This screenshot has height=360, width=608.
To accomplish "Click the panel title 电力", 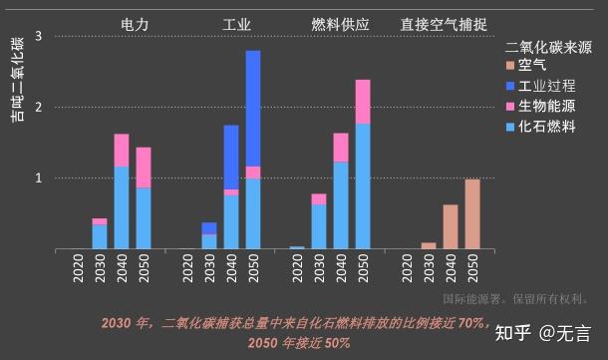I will pyautogui.click(x=136, y=22).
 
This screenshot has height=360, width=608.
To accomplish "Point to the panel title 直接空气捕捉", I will pyautogui.click(x=446, y=22).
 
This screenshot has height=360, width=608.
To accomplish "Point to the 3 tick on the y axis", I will pyautogui.click(x=38, y=36).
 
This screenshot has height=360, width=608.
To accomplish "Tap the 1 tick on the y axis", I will pyautogui.click(x=38, y=179).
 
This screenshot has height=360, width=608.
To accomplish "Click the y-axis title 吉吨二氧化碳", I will pyautogui.click(x=17, y=80).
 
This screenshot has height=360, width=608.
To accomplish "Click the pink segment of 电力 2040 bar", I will pyautogui.click(x=122, y=150).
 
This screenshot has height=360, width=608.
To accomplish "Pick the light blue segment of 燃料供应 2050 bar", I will pyautogui.click(x=363, y=185).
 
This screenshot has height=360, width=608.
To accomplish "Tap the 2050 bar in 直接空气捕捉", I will pyautogui.click(x=472, y=213).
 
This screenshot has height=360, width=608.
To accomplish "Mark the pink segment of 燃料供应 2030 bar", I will pyautogui.click(x=319, y=198).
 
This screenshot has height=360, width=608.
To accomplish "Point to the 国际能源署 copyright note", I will pyautogui.click(x=515, y=298).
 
